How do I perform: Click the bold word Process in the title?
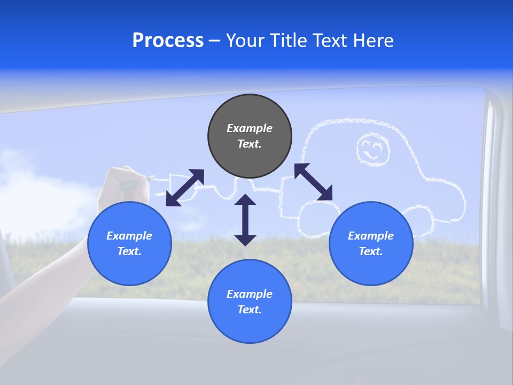(x=168, y=41)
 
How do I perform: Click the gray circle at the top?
(x=250, y=136)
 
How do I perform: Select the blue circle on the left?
(x=129, y=243)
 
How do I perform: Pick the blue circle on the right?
(x=371, y=243)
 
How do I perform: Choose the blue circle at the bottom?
(x=250, y=302)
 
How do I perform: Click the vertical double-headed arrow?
(x=245, y=220)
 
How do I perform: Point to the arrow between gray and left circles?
(x=185, y=188)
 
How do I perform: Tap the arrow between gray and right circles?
(x=314, y=182)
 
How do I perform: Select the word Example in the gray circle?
(x=250, y=128)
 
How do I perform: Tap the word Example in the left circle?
(x=129, y=236)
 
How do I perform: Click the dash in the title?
(x=215, y=41)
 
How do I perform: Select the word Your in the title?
(x=245, y=41)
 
